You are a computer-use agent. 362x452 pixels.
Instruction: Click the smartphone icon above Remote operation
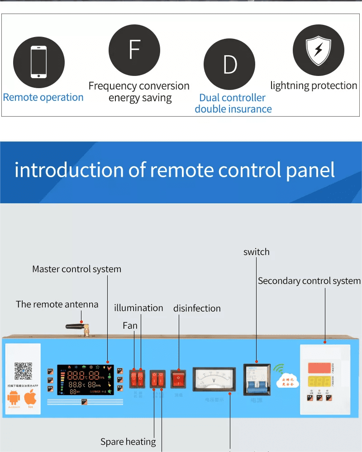38,62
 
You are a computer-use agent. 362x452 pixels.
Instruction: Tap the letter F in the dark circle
134,50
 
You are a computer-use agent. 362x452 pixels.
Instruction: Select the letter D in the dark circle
230,65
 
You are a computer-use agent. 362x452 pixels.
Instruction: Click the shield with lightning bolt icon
318,50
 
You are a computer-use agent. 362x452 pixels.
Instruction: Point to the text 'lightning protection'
314,85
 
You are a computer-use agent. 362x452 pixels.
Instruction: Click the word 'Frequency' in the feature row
113,86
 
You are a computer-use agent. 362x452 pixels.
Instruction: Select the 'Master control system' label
76,269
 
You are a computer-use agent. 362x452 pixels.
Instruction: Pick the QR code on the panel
23,371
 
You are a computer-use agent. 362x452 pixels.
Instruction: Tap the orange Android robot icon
14,398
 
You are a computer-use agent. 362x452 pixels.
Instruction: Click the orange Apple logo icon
30,398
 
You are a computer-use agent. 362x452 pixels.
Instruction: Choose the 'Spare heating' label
128,442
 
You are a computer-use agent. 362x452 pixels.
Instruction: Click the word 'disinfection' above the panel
197,308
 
